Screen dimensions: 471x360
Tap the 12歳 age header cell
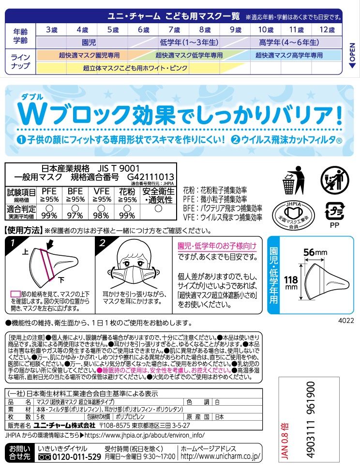point(327,29)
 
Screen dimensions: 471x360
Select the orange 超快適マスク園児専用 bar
point(82,55)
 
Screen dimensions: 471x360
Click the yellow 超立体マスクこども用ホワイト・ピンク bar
point(135,68)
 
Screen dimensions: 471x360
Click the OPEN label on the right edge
point(352,55)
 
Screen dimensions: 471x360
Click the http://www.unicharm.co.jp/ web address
point(220,456)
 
